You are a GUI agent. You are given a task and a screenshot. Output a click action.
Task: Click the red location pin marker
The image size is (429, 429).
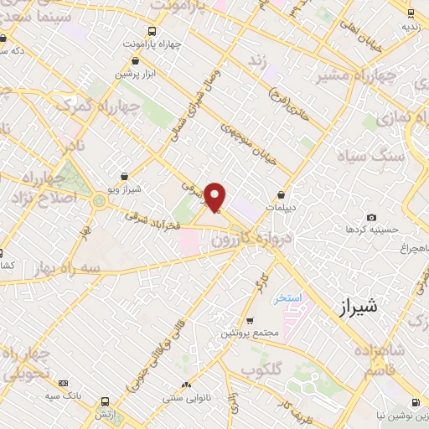[x=215, y=197]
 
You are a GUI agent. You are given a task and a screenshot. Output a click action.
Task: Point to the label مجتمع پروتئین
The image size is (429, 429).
[x=249, y=333]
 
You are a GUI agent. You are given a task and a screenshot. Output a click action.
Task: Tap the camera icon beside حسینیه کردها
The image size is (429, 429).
[x=371, y=218]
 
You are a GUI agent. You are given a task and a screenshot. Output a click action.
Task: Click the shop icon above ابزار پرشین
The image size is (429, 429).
[x=136, y=60]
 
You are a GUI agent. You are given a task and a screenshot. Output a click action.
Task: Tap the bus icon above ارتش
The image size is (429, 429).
[x=104, y=401]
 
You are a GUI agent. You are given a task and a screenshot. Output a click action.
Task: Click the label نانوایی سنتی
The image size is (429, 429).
[x=189, y=399]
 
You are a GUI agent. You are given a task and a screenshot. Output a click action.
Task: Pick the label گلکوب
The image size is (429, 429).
[x=261, y=369]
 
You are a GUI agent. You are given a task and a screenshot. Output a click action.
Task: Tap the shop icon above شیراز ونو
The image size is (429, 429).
[x=125, y=177]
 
